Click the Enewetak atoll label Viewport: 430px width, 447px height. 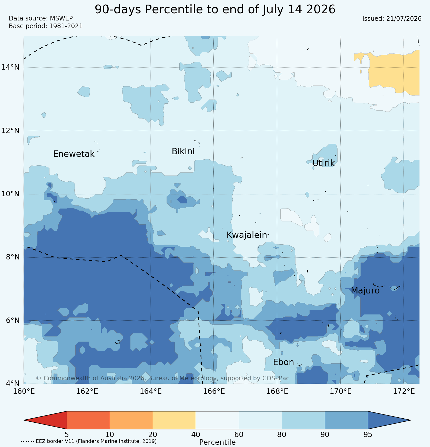(x=74, y=154)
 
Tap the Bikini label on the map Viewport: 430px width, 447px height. (x=183, y=151)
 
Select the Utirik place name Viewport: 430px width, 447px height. (x=323, y=163)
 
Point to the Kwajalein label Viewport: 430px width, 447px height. (x=247, y=235)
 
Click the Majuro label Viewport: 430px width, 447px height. (x=365, y=291)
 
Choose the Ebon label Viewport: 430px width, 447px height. (x=283, y=362)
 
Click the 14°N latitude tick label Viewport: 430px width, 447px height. (x=11, y=67)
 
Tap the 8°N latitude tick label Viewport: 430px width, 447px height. (x=13, y=257)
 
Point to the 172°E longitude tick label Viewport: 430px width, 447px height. (x=404, y=391)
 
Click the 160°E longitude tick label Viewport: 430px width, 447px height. (x=24, y=391)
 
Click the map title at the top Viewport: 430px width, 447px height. (x=215, y=10)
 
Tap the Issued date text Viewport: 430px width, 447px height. (x=392, y=19)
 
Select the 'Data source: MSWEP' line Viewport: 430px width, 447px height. (x=41, y=18)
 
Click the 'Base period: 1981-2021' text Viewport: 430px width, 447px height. (x=46, y=26)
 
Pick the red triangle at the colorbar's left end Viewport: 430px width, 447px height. (x=45, y=420)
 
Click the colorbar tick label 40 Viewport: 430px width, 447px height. (x=196, y=435)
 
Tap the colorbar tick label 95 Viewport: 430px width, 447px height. (x=368, y=435)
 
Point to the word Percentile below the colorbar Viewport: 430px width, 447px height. (x=217, y=442)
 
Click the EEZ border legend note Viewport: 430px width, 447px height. (x=89, y=441)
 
